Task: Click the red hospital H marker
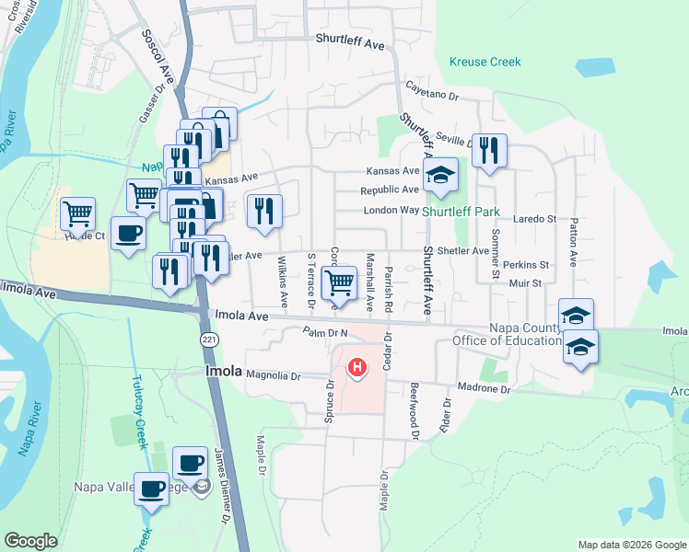tap(356, 368)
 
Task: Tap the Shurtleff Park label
tap(473, 210)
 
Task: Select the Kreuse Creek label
tap(485, 63)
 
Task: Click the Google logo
tap(30, 541)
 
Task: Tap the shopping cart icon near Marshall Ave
tap(340, 282)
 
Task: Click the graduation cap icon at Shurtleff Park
tap(440, 174)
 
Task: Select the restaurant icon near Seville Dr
tap(489, 150)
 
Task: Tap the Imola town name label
tap(221, 373)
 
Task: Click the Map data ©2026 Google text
tap(630, 545)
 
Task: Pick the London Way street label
tap(391, 210)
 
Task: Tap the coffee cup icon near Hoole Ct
tap(128, 232)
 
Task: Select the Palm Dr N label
tap(324, 331)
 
